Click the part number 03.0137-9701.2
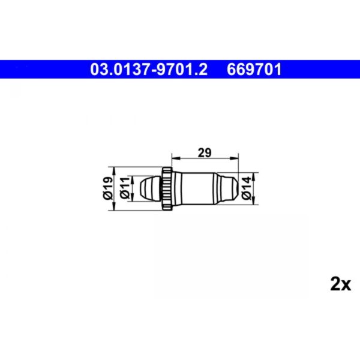pyautogui.click(x=149, y=70)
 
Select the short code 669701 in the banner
pyautogui.click(x=254, y=70)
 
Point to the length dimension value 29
pyautogui.click(x=205, y=152)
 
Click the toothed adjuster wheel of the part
pyautogui.click(x=167, y=188)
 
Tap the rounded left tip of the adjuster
pyautogui.click(x=144, y=188)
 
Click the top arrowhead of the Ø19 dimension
pyautogui.click(x=116, y=169)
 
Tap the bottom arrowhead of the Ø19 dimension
pyautogui.click(x=116, y=208)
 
